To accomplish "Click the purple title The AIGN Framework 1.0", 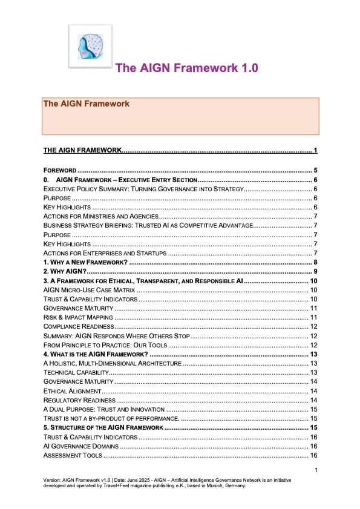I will pyautogui.click(x=186, y=68).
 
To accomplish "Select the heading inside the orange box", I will pyautogui.click(x=86, y=103).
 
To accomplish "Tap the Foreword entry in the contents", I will pyautogui.click(x=59, y=171).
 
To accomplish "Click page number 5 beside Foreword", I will pyautogui.click(x=316, y=171).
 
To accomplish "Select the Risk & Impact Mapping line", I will pyautogui.click(x=78, y=317).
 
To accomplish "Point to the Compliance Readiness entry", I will pyautogui.click(x=79, y=326).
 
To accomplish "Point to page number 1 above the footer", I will pyautogui.click(x=316, y=470).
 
